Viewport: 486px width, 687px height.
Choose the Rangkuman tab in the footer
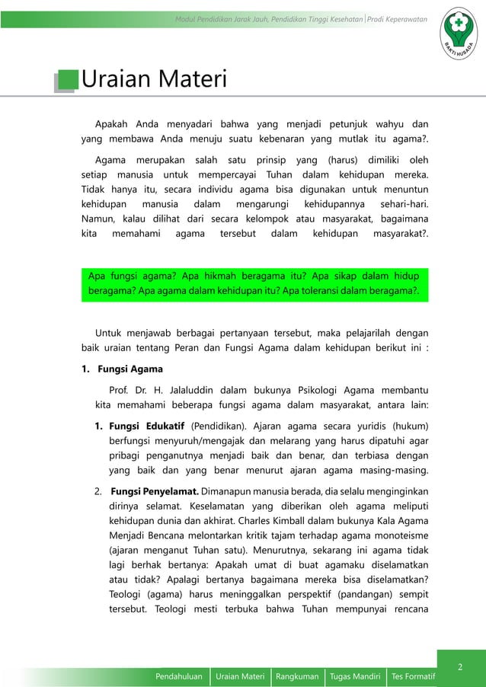tap(297, 676)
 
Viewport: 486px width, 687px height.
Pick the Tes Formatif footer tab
tap(412, 676)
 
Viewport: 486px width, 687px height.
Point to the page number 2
tap(460, 668)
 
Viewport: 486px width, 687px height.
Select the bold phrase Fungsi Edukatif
tap(147, 425)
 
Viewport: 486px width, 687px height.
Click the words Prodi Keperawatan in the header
tap(397, 18)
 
